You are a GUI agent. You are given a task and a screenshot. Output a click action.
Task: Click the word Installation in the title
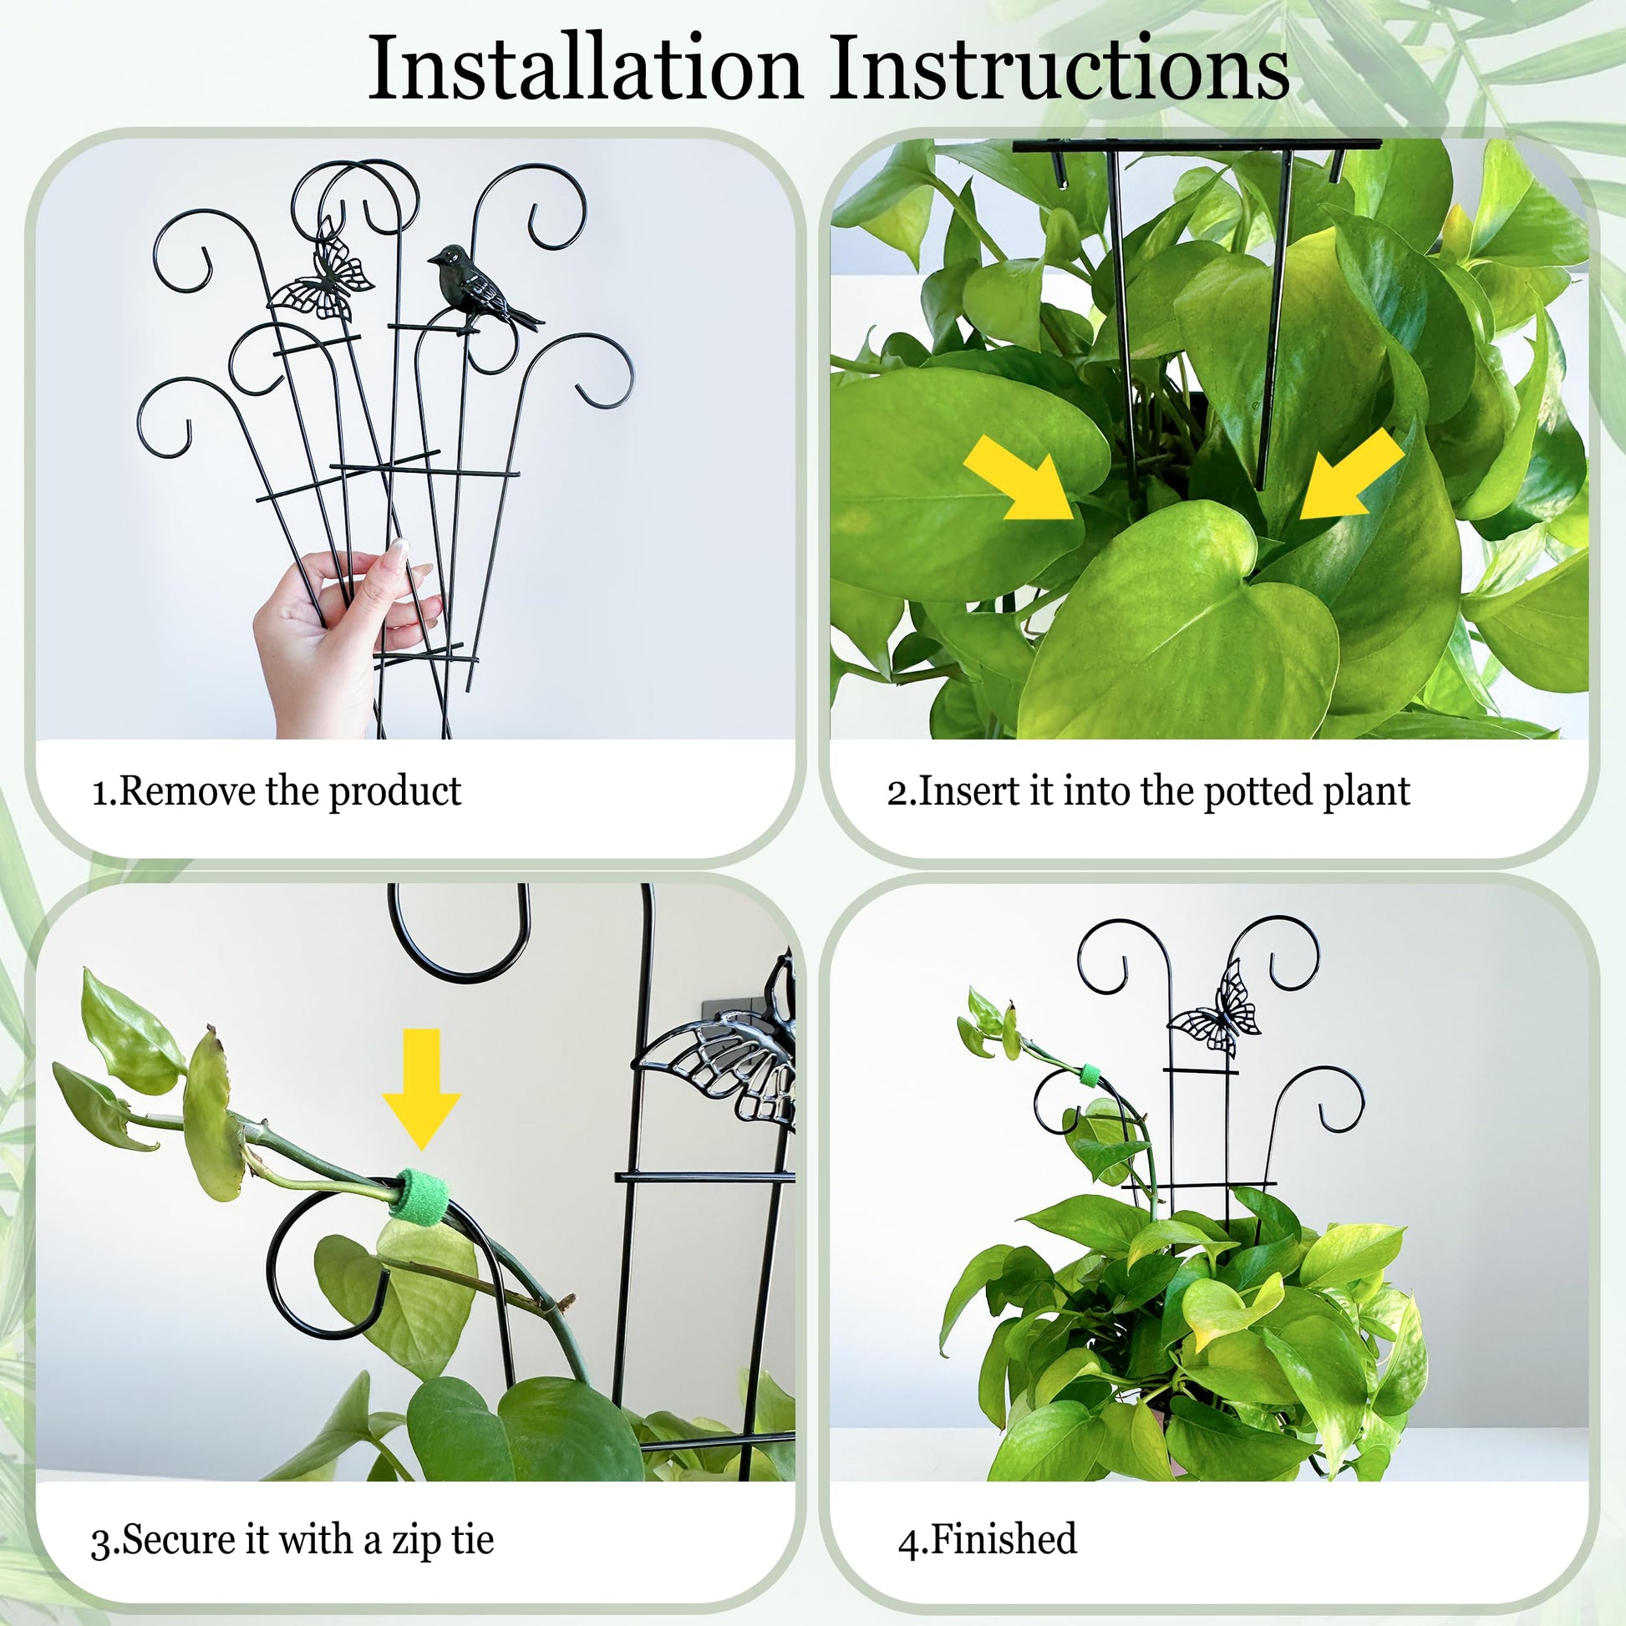[585, 69]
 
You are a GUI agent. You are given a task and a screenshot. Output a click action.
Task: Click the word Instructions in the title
[1059, 69]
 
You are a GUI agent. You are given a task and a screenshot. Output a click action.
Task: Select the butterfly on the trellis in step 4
[1216, 1009]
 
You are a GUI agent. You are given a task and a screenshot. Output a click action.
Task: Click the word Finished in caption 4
[1004, 1538]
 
